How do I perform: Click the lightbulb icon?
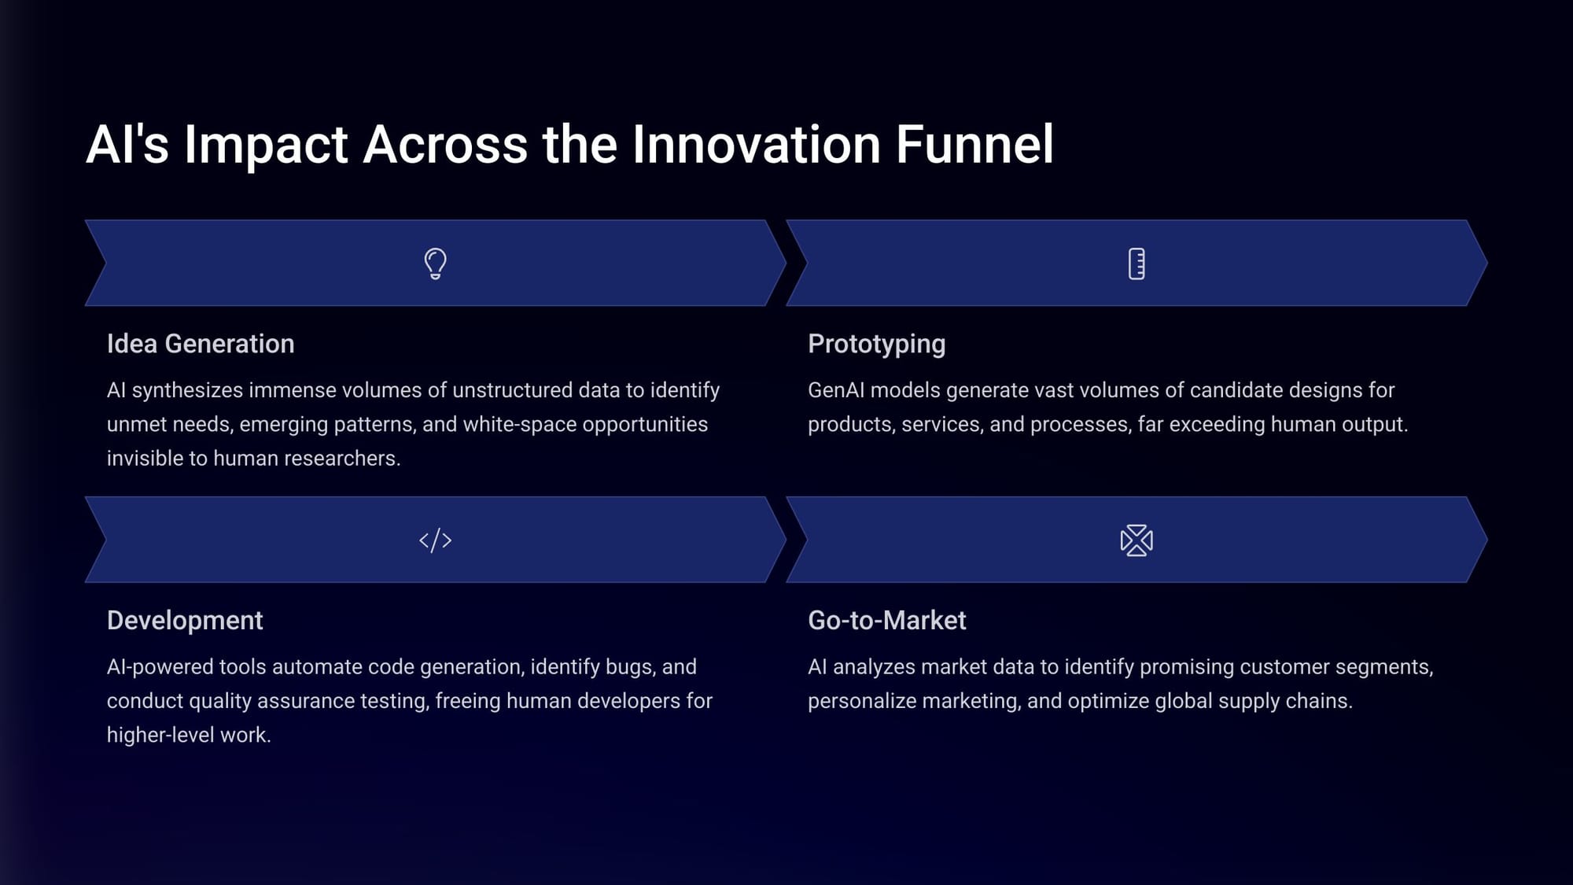(436, 264)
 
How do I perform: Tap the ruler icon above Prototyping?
(1136, 264)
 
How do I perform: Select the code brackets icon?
(436, 540)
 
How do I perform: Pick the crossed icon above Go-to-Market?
(1136, 540)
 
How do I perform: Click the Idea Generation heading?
(201, 344)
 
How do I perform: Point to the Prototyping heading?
(877, 345)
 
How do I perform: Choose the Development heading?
(185, 621)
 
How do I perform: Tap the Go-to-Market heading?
(887, 621)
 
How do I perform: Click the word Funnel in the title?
(974, 144)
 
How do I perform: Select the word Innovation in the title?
(757, 144)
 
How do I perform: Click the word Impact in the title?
(266, 146)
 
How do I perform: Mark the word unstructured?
(512, 390)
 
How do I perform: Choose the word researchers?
(348, 459)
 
